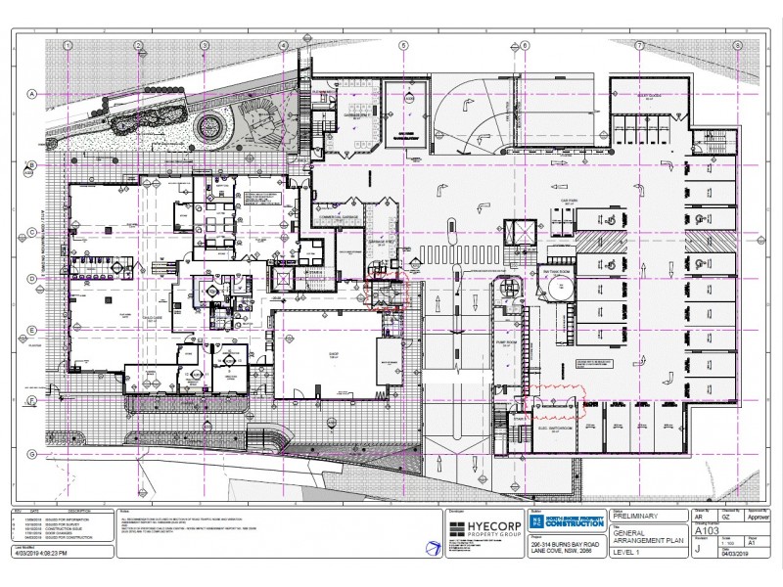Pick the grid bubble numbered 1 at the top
click(x=68, y=45)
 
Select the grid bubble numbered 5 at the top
click(x=402, y=45)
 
